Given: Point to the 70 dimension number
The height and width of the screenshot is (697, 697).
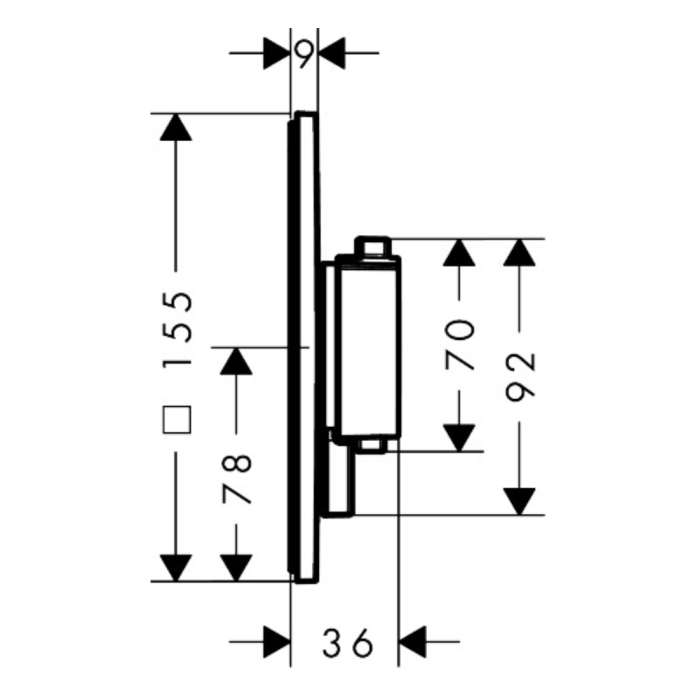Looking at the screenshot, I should [459, 345].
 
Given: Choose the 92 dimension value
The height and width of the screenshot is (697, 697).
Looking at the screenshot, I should [520, 376].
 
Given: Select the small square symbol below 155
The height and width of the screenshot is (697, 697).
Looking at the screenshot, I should [177, 421].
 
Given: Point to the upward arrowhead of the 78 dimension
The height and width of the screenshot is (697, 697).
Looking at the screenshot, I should [236, 361].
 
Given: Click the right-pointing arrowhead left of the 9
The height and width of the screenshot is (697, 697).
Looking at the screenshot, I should [276, 54].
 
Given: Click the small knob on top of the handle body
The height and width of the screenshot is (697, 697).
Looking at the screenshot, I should [374, 247].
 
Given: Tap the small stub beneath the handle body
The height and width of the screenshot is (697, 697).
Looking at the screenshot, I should [372, 446].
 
